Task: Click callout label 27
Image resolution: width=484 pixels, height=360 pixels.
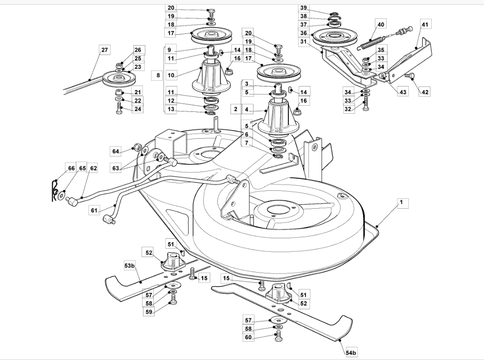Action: pyautogui.click(x=104, y=50)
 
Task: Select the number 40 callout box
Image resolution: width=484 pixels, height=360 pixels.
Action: pyautogui.click(x=381, y=24)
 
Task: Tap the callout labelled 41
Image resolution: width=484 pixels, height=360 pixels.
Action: pyautogui.click(x=425, y=24)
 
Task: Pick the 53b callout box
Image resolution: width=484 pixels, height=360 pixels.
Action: pyautogui.click(x=130, y=266)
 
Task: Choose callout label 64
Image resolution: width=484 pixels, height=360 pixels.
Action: pyautogui.click(x=116, y=151)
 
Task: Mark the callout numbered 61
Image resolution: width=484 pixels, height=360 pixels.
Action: pyautogui.click(x=94, y=211)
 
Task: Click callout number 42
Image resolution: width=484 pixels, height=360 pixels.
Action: pyautogui.click(x=425, y=92)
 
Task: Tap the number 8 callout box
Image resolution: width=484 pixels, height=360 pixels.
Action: pyautogui.click(x=158, y=75)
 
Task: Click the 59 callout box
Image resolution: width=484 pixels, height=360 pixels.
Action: pyautogui.click(x=149, y=311)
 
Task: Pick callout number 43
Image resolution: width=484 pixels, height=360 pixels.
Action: pyautogui.click(x=403, y=92)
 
